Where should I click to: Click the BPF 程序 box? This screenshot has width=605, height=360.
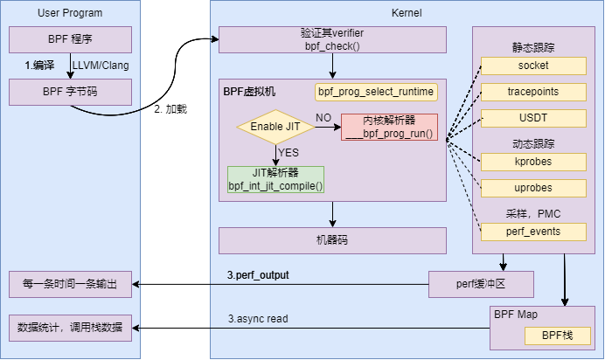[x=71, y=39]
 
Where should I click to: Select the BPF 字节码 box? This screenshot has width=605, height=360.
[x=71, y=92]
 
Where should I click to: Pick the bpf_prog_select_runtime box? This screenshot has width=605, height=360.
[x=376, y=91]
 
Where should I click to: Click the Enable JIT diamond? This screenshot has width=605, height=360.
[x=275, y=128]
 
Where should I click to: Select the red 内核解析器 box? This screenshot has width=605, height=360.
[x=389, y=128]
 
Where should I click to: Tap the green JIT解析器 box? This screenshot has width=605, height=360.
[x=275, y=179]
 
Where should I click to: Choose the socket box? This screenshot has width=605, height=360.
[x=533, y=66]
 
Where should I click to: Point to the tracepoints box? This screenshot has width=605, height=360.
[x=533, y=92]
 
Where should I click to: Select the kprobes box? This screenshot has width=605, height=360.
[x=533, y=162]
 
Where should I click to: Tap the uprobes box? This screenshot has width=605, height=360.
[x=533, y=188]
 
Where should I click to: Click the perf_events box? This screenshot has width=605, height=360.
[x=533, y=232]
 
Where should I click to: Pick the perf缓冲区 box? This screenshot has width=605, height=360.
[x=481, y=284]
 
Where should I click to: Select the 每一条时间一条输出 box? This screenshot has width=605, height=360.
[x=71, y=284]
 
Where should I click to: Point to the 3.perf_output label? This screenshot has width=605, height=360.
[x=258, y=275]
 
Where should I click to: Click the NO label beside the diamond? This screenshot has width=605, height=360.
[x=323, y=118]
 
